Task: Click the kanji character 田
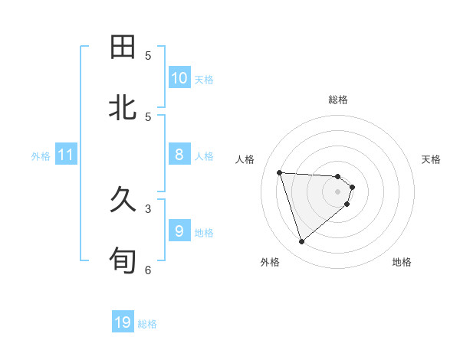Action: [x=123, y=47]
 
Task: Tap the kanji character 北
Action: [x=123, y=107]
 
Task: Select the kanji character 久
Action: [x=123, y=201]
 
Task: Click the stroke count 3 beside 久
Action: [x=148, y=208]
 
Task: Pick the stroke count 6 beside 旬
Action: [x=148, y=270]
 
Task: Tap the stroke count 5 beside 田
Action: [x=148, y=55]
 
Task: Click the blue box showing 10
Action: [x=179, y=78]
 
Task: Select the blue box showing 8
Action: [x=179, y=155]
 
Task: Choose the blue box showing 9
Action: [x=179, y=231]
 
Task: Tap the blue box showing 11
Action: [x=66, y=155]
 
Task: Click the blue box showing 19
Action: [x=123, y=322]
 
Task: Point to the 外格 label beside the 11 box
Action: [x=41, y=156]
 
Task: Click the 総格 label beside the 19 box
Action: [x=147, y=324]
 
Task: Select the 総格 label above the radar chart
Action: [x=338, y=100]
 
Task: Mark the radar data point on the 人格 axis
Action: [x=279, y=172]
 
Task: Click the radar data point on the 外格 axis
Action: [x=301, y=242]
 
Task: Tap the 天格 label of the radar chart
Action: [x=431, y=159]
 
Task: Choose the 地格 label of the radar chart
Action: [x=402, y=262]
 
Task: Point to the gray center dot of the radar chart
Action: [x=338, y=191]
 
